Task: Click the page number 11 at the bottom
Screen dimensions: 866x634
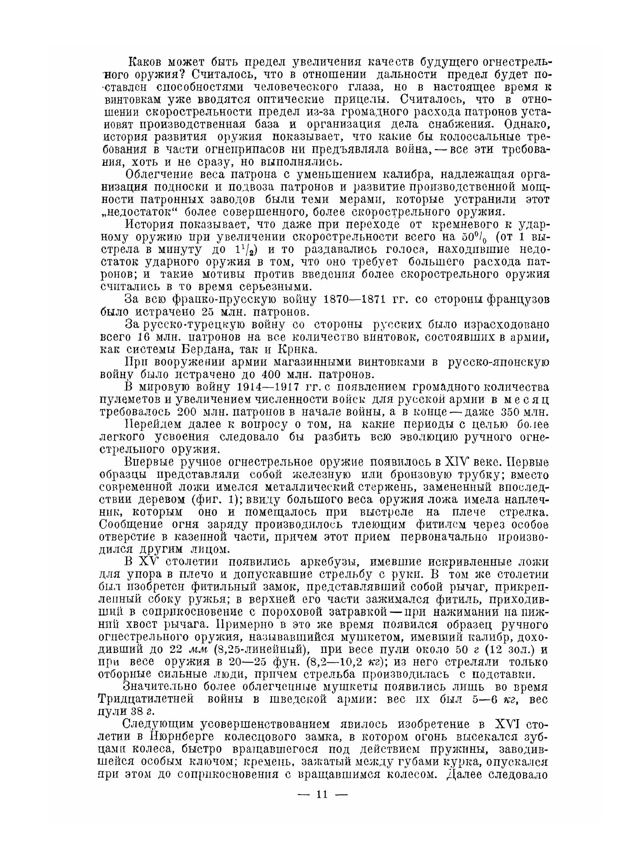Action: click(x=322, y=794)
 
